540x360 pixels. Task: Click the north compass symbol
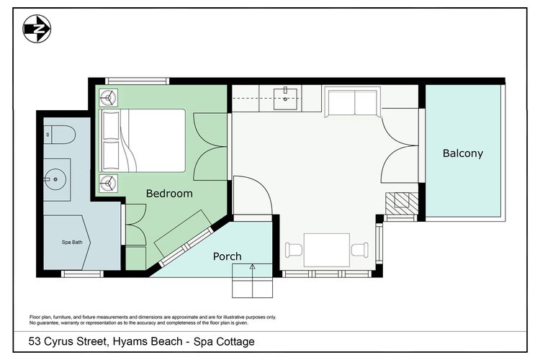click(x=37, y=29)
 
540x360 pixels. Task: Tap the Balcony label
click(x=462, y=153)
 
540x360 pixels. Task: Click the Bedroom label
click(x=169, y=193)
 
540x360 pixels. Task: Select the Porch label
click(x=227, y=256)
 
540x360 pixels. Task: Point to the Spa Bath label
click(x=71, y=242)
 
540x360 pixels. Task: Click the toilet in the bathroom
click(x=58, y=134)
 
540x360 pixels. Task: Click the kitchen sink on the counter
click(x=287, y=99)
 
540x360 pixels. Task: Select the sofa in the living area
click(x=351, y=102)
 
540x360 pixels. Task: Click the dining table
click(x=327, y=250)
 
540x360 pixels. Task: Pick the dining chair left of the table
click(x=294, y=251)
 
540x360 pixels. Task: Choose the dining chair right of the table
click(x=359, y=251)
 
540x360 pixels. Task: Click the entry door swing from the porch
click(x=252, y=194)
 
